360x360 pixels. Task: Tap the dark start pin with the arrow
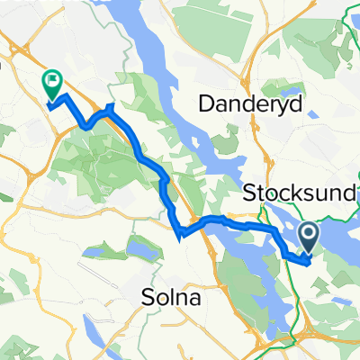(308, 238)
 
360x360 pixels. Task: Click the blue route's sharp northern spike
(109, 106)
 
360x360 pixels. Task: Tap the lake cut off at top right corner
(354, 7)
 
